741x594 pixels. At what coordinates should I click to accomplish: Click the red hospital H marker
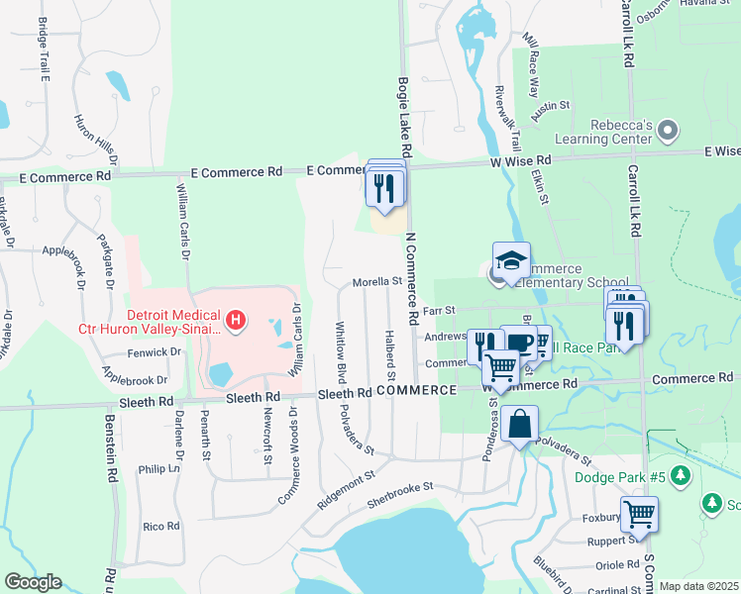(x=236, y=319)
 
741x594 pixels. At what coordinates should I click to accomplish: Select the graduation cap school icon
(x=511, y=261)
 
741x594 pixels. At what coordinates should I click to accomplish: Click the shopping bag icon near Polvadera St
(x=519, y=425)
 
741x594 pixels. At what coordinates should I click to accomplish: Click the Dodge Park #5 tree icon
(x=680, y=476)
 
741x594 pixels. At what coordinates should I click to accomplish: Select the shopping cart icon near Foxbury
(x=639, y=515)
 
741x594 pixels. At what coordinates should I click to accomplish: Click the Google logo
(x=32, y=582)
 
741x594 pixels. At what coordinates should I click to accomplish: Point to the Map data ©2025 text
(x=698, y=586)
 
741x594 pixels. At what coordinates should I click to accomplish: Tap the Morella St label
(x=375, y=281)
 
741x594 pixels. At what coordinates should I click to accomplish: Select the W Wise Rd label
(x=520, y=160)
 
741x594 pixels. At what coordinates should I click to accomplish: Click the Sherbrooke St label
(x=401, y=488)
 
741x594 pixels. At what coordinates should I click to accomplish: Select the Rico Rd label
(x=159, y=527)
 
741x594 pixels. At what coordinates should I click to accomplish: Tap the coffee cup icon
(x=519, y=343)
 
